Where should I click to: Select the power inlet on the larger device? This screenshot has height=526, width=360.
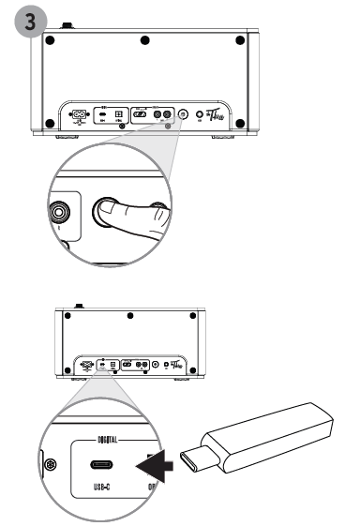click(79, 117)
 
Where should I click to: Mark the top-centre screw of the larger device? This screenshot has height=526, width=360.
click(144, 41)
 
